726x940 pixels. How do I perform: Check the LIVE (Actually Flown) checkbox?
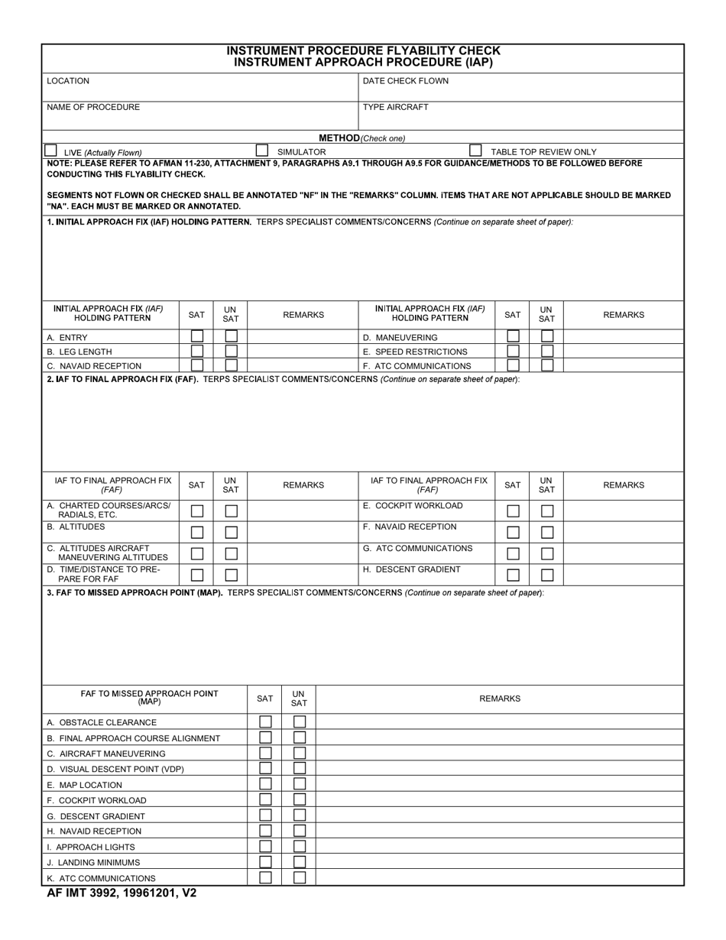50,151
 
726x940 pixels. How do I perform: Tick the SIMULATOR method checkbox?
262,151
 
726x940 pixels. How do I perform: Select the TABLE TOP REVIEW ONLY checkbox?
475,151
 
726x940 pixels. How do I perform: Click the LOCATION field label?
68,81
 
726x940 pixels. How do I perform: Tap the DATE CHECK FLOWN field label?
405,81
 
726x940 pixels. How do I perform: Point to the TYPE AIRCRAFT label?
395,107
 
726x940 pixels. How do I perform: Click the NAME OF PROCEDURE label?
93,107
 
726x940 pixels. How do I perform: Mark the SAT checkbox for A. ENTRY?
197,336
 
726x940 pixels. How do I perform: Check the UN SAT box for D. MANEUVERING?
547,336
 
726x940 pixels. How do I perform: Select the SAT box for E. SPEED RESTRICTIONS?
514,351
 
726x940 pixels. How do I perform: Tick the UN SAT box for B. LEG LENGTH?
231,351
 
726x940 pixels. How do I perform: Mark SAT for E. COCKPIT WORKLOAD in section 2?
514,511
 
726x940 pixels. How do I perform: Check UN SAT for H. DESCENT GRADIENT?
547,575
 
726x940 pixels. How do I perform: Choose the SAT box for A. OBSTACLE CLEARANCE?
265,721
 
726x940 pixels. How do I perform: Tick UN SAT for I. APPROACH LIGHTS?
300,846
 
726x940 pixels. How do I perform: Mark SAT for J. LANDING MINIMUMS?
265,861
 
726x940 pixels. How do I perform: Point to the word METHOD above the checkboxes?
339,138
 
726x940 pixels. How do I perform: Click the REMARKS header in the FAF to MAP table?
500,699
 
